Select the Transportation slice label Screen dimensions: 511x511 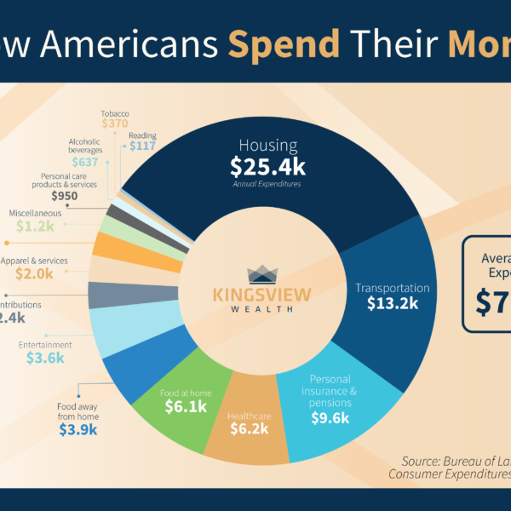pos(393,288)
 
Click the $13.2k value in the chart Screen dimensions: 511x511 pos(393,302)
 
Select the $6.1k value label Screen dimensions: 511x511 pos(187,407)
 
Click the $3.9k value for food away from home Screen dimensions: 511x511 pos(78,430)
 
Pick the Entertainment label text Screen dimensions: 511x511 pos(44,345)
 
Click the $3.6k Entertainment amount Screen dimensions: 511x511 pos(45,359)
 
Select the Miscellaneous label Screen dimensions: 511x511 pos(34,212)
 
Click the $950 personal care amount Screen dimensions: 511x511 pos(66,196)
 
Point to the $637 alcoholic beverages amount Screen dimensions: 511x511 pos(84,162)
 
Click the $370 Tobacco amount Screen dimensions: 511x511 pos(114,123)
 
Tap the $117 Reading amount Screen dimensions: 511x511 pos(143,146)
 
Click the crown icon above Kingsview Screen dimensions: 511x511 pos(261,274)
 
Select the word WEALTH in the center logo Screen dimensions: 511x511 pos(261,309)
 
